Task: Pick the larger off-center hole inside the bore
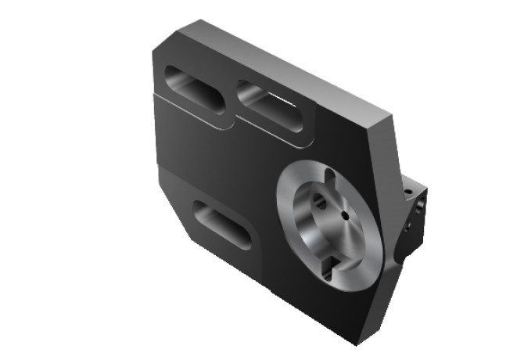319,201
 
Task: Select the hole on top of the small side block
407,190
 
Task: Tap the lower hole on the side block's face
411,232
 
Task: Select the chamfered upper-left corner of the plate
167,39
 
